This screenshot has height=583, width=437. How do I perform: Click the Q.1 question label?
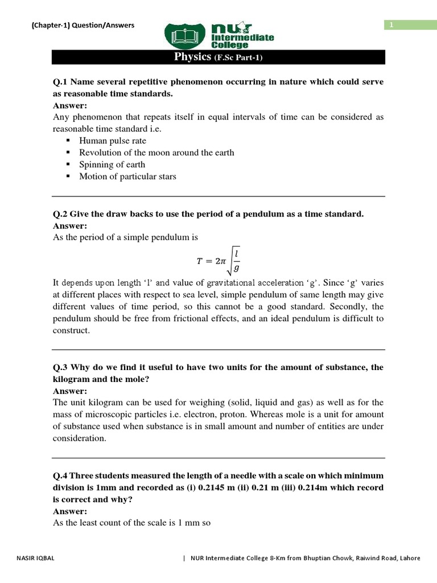coord(60,82)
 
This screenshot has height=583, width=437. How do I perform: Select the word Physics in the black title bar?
coord(192,58)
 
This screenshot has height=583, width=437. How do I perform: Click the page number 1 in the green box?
coord(391,24)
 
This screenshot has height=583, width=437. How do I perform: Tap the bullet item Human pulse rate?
coord(113,141)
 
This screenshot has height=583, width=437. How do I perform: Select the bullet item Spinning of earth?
coord(112,165)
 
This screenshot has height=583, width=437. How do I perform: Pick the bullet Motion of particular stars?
coord(127,176)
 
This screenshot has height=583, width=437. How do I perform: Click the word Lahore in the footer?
coord(409,558)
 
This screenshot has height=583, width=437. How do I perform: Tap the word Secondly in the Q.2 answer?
coord(352,306)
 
